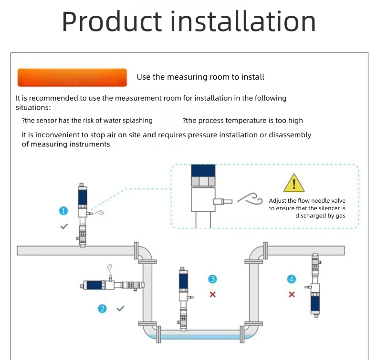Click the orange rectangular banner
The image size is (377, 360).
coord(72,78)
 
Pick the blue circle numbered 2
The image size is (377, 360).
coord(102,309)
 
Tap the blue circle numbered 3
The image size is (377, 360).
coord(213,279)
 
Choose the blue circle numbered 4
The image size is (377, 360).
coord(292,279)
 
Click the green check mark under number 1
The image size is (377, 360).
coord(63,226)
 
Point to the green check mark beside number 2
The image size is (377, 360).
coord(120,309)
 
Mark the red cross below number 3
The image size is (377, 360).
coord(213,294)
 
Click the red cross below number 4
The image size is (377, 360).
coord(292,294)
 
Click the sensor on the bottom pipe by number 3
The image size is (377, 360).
coord(183,298)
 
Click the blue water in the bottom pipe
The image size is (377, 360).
coord(200,337)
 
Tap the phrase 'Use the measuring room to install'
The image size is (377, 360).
coord(200,77)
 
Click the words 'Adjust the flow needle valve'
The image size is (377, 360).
coord(307,201)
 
